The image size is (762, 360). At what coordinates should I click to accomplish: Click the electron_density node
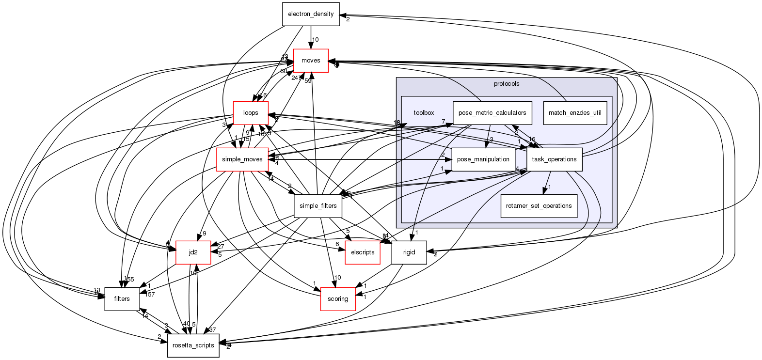pyautogui.click(x=311, y=14)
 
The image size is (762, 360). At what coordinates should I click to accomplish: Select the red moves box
pyautogui.click(x=311, y=61)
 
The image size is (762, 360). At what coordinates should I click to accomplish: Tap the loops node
pyautogui.click(x=251, y=113)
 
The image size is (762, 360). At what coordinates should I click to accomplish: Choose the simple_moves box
pyautogui.click(x=242, y=159)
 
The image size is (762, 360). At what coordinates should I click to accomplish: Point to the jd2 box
pyautogui.click(x=193, y=252)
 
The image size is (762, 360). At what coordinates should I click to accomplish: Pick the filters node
pyautogui.click(x=122, y=299)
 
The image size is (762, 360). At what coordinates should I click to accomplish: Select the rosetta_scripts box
pyautogui.click(x=193, y=345)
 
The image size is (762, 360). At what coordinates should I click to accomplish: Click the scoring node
pyautogui.click(x=338, y=299)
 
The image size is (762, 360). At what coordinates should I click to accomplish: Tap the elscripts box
pyautogui.click(x=362, y=252)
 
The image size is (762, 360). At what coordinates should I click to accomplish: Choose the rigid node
pyautogui.click(x=409, y=252)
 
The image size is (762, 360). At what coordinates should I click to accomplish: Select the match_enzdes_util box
pyautogui.click(x=574, y=113)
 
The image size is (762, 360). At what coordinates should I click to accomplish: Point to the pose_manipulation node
pyautogui.click(x=483, y=159)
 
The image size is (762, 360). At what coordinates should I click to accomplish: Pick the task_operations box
pyautogui.click(x=554, y=159)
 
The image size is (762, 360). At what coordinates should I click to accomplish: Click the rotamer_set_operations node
pyautogui.click(x=539, y=206)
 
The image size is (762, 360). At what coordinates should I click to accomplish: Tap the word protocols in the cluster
pyautogui.click(x=507, y=84)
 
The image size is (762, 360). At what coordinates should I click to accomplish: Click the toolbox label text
pyautogui.click(x=424, y=113)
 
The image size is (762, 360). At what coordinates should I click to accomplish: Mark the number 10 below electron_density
pyautogui.click(x=315, y=40)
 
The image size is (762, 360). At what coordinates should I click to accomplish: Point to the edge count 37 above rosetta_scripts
pyautogui.click(x=212, y=330)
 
